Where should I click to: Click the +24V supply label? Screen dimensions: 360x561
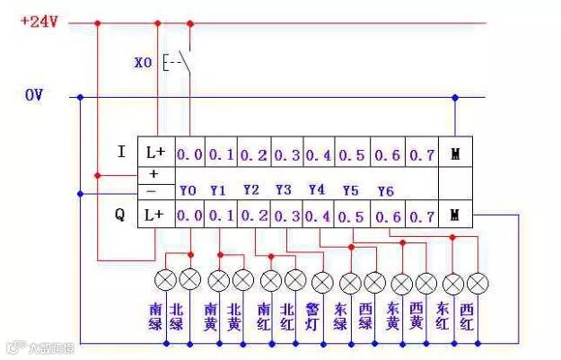pyautogui.click(x=39, y=22)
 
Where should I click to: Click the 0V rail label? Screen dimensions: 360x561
pyautogui.click(x=34, y=93)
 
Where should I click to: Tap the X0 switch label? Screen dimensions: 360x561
pyautogui.click(x=143, y=63)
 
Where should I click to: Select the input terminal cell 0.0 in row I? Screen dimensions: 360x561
pyautogui.click(x=189, y=154)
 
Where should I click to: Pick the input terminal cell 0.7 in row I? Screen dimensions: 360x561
pyautogui.click(x=421, y=154)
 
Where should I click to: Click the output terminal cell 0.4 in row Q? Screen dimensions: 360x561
pyautogui.click(x=319, y=215)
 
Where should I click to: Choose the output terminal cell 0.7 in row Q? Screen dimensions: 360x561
pyautogui.click(x=421, y=215)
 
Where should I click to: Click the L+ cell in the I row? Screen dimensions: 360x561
pyautogui.click(x=155, y=154)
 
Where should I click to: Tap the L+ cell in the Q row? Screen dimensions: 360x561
pyautogui.click(x=155, y=215)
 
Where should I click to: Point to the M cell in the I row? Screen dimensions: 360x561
pyautogui.click(x=455, y=154)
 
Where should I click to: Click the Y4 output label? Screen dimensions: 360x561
pyautogui.click(x=316, y=190)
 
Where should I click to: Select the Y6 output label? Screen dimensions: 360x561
pyautogui.click(x=386, y=190)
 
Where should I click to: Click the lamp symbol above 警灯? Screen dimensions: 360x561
pyautogui.click(x=320, y=281)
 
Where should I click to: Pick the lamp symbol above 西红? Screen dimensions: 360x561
pyautogui.click(x=478, y=283)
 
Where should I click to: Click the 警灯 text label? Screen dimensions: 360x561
pyautogui.click(x=312, y=316)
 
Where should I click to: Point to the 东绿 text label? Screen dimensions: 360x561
pyautogui.click(x=340, y=316)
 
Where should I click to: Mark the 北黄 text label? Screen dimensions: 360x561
pyautogui.click(x=234, y=316)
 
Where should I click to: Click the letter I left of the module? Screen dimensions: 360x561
pyautogui.click(x=121, y=153)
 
